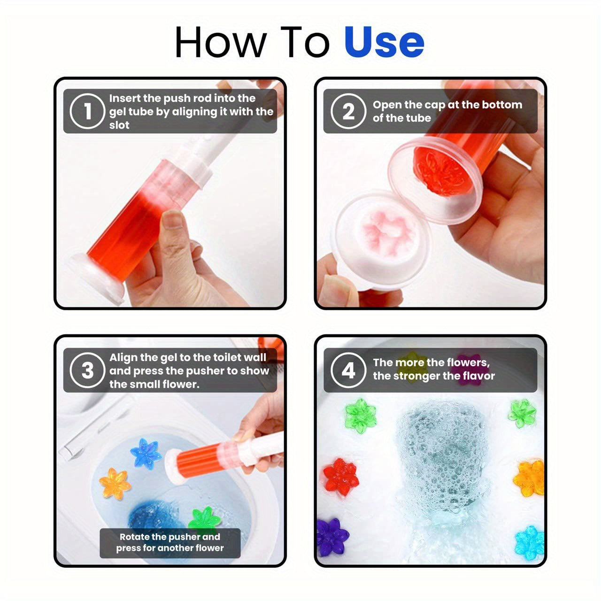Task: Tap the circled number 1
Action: point(87,111)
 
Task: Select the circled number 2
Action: point(348,111)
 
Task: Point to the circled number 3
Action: point(87,370)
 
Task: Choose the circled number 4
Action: point(348,370)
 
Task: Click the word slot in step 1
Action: point(119,125)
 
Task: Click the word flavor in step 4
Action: point(476,376)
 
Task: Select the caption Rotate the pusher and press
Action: point(170,542)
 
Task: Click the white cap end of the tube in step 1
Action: point(96,279)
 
